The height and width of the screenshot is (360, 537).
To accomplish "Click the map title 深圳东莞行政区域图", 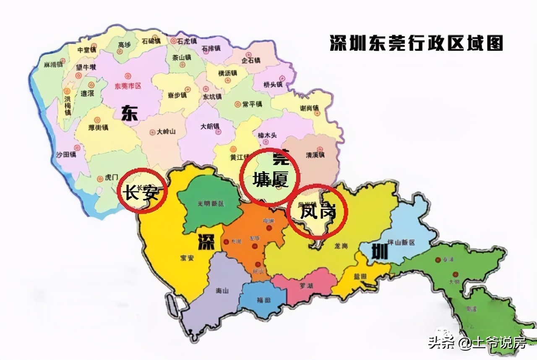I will coord(416,43).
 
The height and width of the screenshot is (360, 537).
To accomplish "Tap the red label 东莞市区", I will coord(128,86).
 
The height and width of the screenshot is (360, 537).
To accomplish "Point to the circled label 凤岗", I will coord(318,212).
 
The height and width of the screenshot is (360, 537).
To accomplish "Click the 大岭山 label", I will coord(166,131).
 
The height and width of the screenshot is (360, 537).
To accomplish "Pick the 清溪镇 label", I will coord(315,155).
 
